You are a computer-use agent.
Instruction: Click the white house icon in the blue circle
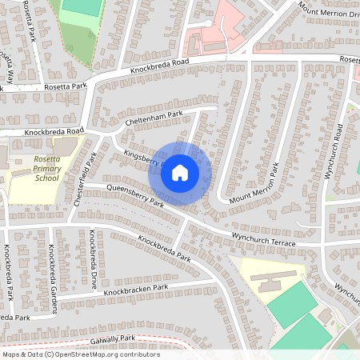(x=180, y=172)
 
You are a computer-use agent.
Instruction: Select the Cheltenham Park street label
(x=154, y=118)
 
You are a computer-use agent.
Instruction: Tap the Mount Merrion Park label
(x=254, y=185)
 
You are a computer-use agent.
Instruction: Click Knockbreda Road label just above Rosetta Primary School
(x=54, y=130)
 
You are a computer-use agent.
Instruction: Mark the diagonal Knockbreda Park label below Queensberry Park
(x=164, y=249)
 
